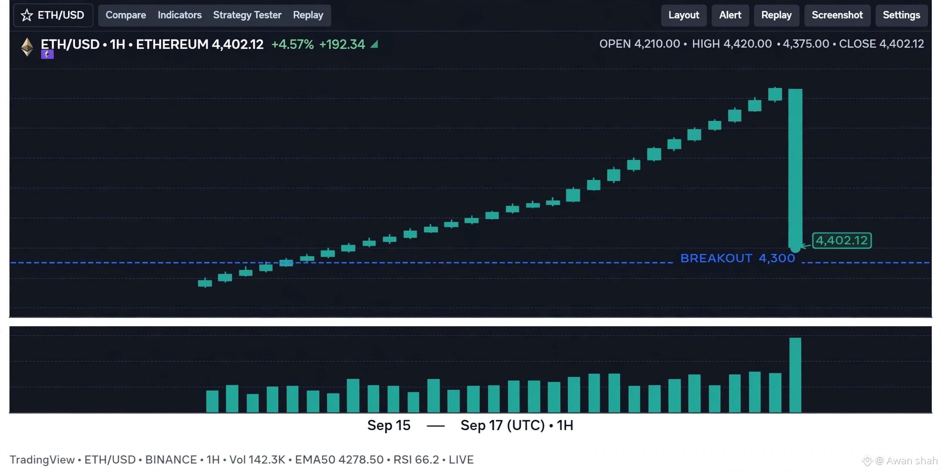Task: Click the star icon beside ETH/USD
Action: [27, 15]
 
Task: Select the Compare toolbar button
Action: [126, 15]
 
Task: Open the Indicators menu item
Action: [179, 15]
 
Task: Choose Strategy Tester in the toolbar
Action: [247, 15]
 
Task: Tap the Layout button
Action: [683, 15]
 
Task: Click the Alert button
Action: [730, 15]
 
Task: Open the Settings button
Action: [901, 15]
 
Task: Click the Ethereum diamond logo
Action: [27, 47]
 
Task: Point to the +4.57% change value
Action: [292, 44]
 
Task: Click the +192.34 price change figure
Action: [342, 44]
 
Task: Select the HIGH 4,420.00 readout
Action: [732, 44]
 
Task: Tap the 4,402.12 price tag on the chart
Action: [841, 241]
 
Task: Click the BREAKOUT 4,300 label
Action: [738, 258]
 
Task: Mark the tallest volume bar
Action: [795, 375]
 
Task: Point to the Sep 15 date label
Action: [389, 425]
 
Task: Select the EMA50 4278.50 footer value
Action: [339, 460]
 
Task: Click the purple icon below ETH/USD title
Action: [47, 54]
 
